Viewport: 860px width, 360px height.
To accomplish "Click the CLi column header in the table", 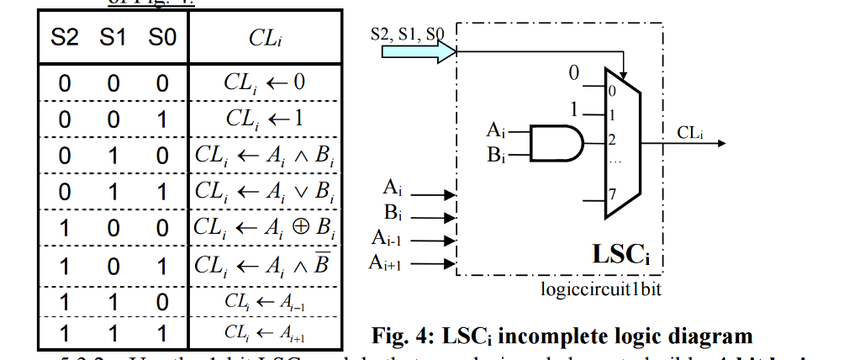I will point(265,38).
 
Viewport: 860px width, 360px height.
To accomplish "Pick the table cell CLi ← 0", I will point(265,84).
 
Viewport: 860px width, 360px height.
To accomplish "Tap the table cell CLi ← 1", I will point(265,119).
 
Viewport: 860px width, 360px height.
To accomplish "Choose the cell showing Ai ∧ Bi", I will point(266,156).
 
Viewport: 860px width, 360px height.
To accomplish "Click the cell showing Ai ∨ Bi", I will point(266,191).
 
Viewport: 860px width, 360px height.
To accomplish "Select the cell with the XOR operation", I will point(266,227).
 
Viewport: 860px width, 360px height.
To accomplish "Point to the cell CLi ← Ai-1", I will point(265,301).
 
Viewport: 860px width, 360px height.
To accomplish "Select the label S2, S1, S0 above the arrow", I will point(407,34).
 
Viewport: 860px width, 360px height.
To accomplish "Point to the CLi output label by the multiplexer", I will point(691,131).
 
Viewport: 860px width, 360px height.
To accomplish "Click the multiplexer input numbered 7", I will point(612,194).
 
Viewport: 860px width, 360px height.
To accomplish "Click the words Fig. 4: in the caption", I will point(401,336).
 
